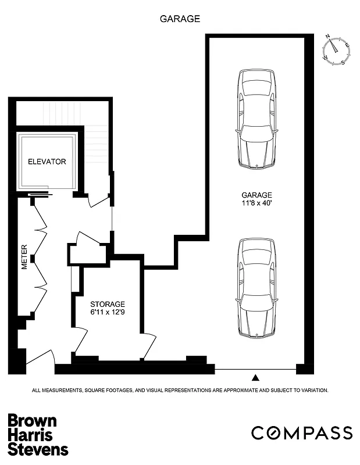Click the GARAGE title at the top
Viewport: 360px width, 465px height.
180,19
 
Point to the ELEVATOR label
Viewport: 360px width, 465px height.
47,162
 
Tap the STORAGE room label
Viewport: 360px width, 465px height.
107,304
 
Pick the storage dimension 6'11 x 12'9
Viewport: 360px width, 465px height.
107,313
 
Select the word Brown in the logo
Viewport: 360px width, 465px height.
32,421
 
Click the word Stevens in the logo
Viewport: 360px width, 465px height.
38,449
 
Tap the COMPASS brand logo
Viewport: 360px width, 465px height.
301,433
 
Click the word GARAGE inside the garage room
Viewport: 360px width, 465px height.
257,195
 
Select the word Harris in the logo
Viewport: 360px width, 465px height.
30,435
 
